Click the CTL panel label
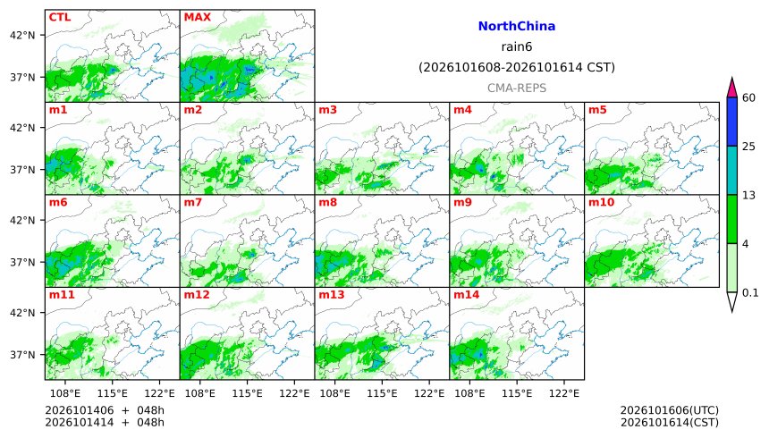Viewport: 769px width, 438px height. [59, 17]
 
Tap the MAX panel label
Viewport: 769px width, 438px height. [197, 17]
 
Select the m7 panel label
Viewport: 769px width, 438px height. [193, 202]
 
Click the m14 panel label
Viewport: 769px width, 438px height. [466, 294]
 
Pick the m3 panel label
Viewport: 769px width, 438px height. [327, 109]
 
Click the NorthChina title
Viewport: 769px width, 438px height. [517, 26]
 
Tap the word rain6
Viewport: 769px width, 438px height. [517, 46]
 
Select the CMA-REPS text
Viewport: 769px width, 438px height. [517, 88]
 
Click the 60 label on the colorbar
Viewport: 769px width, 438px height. [748, 97]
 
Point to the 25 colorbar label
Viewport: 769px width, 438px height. [748, 147]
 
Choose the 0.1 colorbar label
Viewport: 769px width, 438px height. [750, 293]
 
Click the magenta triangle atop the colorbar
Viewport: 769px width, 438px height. [732, 88]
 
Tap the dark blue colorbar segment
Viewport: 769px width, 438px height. [732, 122]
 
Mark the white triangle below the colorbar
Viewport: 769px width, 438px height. [732, 302]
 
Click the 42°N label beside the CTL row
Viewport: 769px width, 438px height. [22, 36]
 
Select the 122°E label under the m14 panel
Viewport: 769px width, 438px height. [564, 393]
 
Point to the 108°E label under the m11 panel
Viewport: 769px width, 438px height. [65, 393]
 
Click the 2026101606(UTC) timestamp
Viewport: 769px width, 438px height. [670, 410]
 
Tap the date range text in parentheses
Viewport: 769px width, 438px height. [517, 67]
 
